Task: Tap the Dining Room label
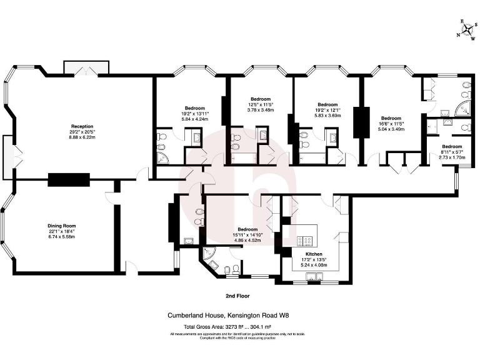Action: pos(62,226)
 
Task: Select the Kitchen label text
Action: pos(314,254)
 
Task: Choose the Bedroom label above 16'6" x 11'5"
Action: pos(391,118)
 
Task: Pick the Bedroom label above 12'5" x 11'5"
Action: pos(261,99)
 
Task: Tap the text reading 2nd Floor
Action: pos(239,294)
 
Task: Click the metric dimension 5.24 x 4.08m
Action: pos(314,266)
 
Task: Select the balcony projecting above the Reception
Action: pos(86,66)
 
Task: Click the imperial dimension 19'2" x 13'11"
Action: pos(195,114)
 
